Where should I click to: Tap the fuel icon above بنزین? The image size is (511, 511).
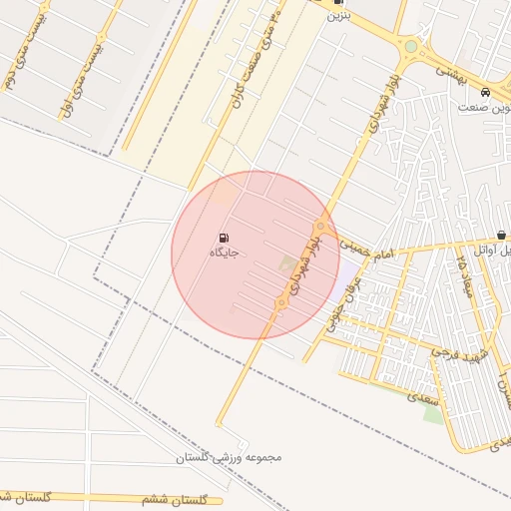click(x=339, y=3)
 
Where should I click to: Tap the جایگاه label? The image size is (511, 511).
click(x=224, y=255)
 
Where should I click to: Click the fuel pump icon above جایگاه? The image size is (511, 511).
click(x=223, y=239)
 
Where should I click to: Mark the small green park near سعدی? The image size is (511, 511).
click(x=433, y=412)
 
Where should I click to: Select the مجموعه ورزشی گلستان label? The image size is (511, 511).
click(x=230, y=457)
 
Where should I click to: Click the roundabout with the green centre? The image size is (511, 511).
click(x=410, y=46)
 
